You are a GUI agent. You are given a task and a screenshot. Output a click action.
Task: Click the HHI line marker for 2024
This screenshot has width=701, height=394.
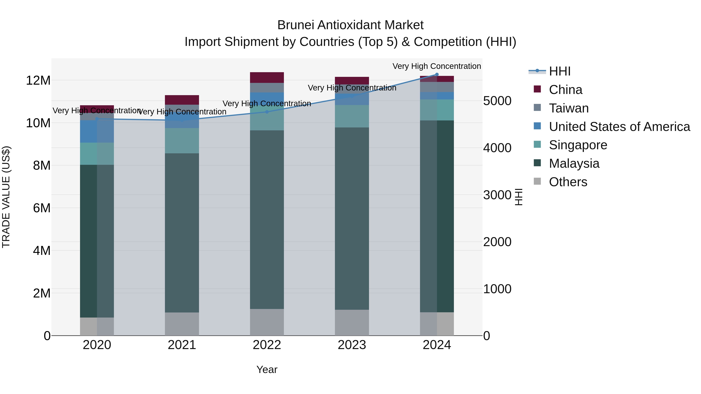click(437, 74)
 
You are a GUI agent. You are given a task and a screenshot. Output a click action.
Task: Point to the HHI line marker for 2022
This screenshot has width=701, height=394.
click(267, 112)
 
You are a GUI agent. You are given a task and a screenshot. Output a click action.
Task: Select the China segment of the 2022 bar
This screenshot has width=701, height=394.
click(267, 77)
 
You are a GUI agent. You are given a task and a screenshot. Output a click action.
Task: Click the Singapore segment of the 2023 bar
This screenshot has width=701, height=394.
click(352, 116)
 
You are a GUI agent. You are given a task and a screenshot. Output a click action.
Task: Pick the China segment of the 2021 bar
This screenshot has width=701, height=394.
click(182, 100)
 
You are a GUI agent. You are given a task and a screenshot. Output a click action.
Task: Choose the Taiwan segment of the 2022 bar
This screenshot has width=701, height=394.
click(267, 88)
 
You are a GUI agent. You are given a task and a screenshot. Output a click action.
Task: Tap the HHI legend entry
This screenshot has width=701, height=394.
click(559, 71)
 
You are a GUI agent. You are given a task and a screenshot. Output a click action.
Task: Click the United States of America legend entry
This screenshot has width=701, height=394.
click(619, 127)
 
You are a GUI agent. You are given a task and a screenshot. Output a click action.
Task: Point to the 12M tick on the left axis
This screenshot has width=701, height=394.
click(38, 81)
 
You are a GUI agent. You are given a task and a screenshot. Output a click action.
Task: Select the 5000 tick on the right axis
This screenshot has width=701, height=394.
click(497, 101)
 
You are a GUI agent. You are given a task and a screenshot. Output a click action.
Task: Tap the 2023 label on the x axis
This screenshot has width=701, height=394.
click(352, 345)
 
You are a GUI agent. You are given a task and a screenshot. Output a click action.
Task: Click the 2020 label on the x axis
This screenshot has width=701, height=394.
click(97, 345)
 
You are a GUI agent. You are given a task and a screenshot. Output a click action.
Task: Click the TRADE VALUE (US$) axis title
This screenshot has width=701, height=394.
click(6, 197)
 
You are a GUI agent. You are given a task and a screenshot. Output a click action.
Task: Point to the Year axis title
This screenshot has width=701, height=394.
click(267, 369)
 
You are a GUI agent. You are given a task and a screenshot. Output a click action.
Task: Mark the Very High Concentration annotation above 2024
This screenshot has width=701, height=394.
click(437, 66)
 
